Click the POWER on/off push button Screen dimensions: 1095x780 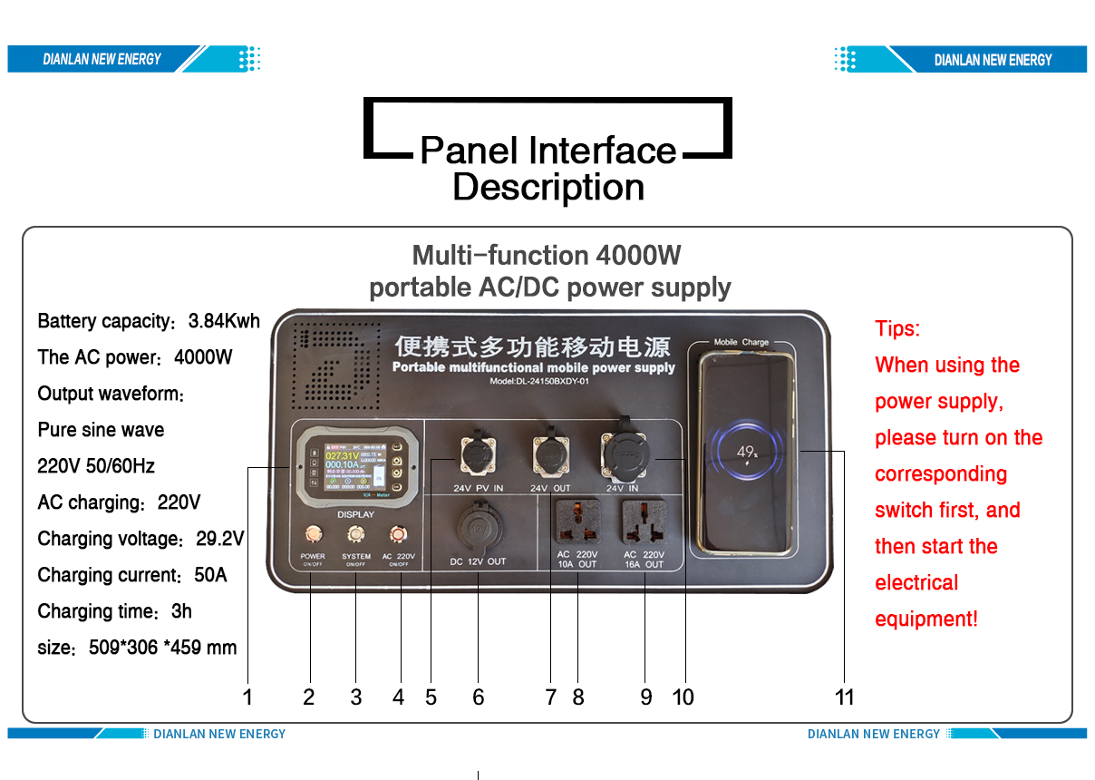point(313,533)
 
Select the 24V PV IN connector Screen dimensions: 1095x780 point(478,455)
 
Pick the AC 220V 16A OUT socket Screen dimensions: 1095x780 point(644,523)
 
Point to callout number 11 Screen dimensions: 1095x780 point(844,697)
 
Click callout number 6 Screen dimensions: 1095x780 point(478,697)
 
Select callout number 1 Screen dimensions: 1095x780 point(247,697)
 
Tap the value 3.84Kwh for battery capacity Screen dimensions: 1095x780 point(224,321)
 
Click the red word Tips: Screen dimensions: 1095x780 point(897,328)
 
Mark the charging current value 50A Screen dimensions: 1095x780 point(210,575)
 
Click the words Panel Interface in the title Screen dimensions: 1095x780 point(547,151)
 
